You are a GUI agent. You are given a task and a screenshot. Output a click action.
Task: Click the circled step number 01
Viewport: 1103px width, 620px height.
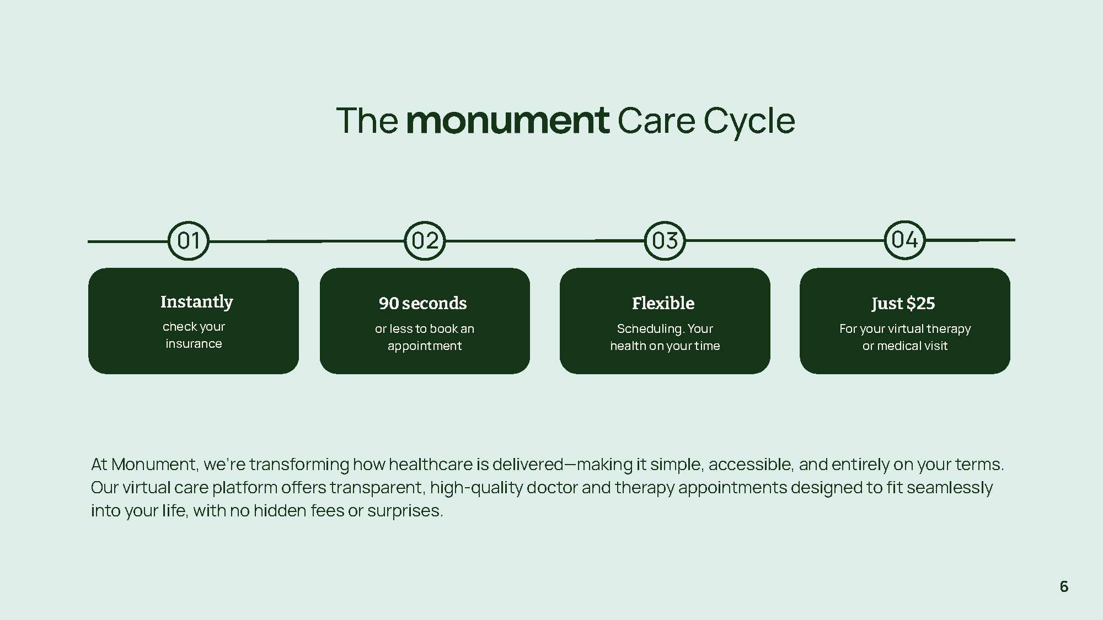click(x=188, y=241)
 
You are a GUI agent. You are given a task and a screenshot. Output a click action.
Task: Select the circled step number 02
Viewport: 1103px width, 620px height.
click(x=425, y=241)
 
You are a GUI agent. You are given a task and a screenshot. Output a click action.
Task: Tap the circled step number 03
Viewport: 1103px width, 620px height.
click(x=665, y=241)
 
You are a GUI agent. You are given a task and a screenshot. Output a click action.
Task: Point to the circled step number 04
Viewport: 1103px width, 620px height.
click(x=904, y=240)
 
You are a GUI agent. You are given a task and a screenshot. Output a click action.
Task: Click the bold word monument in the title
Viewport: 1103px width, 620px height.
click(x=507, y=121)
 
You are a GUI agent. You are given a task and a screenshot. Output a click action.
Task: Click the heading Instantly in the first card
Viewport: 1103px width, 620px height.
click(x=196, y=302)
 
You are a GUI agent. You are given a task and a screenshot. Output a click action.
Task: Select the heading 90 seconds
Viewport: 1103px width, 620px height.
click(x=422, y=303)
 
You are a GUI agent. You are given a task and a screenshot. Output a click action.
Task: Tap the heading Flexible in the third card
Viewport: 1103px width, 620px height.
click(x=663, y=303)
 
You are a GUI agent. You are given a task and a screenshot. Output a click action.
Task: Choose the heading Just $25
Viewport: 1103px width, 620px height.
click(x=903, y=303)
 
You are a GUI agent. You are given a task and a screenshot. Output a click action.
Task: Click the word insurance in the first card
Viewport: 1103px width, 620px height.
click(x=194, y=344)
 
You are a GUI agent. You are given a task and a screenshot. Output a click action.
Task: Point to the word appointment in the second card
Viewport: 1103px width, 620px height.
click(x=425, y=346)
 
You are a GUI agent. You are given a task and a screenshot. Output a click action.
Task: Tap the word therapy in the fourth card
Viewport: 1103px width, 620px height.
click(x=949, y=329)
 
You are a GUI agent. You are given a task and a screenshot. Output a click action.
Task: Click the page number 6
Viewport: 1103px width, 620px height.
click(x=1064, y=586)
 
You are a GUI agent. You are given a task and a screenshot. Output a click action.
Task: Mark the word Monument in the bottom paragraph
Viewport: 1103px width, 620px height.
click(x=154, y=465)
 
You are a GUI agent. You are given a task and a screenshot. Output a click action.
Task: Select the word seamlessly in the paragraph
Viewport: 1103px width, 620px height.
click(x=949, y=488)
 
